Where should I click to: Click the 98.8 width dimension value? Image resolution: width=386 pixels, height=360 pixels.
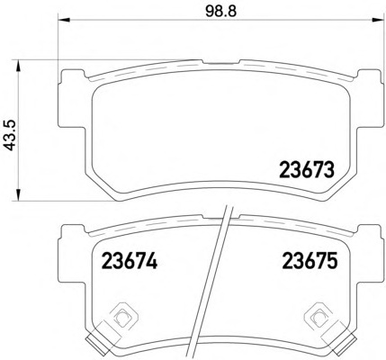(221, 12)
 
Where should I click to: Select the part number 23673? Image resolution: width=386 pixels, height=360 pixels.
(307, 169)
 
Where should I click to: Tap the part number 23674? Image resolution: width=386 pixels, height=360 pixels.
(130, 260)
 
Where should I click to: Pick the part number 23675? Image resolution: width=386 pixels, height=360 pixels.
(310, 260)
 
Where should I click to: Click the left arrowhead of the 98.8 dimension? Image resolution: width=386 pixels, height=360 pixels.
(63, 20)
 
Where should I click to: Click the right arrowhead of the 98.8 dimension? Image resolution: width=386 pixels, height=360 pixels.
(378, 20)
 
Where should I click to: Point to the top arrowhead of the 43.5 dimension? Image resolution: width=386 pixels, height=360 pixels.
(19, 66)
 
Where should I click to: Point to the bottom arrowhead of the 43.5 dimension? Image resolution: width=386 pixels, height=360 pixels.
(19, 194)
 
